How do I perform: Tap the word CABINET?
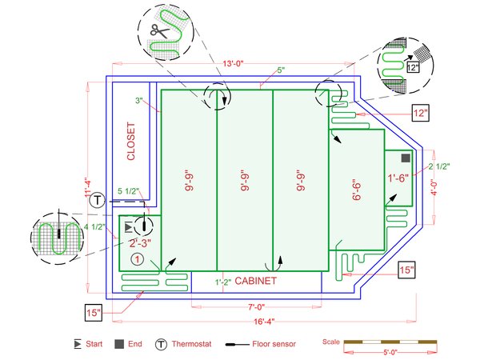point(255,282)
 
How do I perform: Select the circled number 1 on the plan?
point(138,259)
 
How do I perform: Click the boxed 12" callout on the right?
point(421,113)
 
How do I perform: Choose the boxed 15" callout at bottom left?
point(94,312)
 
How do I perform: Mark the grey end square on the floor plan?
point(406,157)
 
